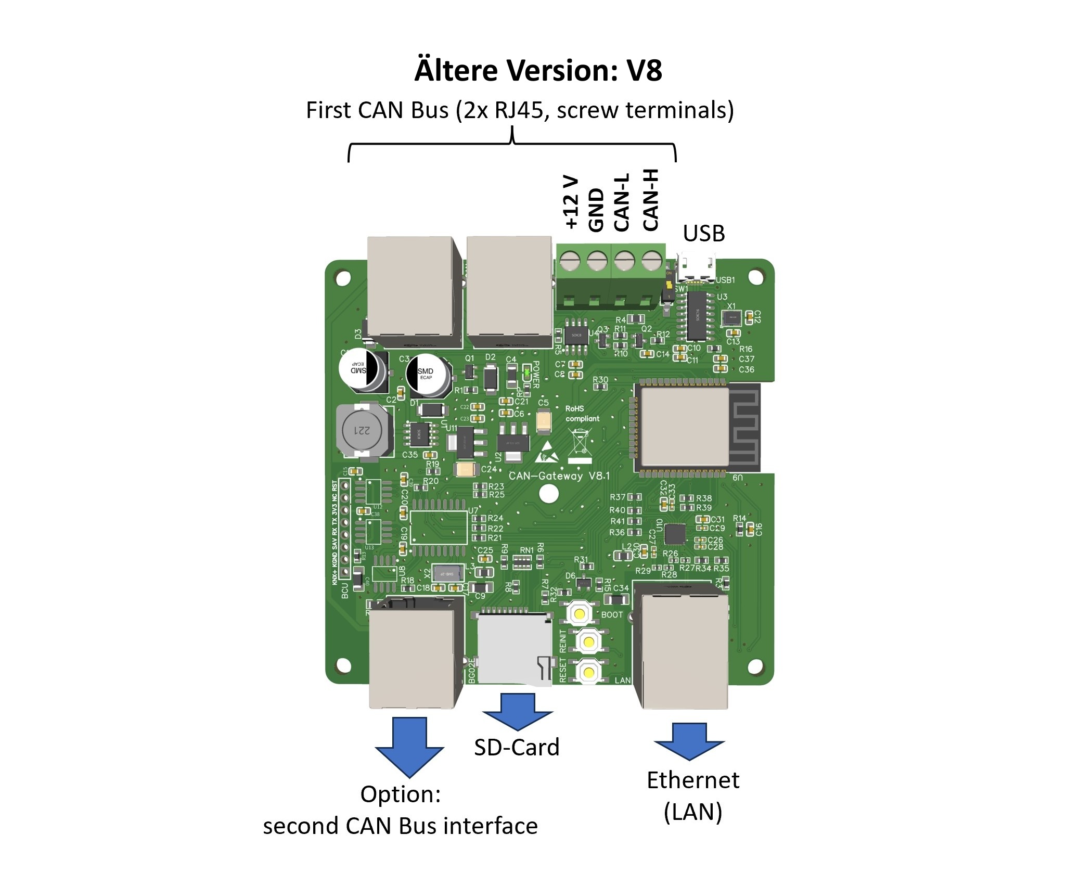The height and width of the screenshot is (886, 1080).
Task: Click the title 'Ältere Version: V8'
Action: pos(538,70)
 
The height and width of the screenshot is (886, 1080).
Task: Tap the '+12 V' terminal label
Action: pos(571,202)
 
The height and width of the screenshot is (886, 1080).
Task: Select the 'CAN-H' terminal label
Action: pos(650,200)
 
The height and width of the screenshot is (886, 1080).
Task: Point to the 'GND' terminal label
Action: pos(596,209)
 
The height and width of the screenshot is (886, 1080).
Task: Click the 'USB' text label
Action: pos(703,234)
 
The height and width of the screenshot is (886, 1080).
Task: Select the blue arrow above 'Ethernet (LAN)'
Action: pos(689,741)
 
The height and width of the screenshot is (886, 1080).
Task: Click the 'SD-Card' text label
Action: pos(517,748)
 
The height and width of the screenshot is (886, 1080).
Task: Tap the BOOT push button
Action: pos(579,614)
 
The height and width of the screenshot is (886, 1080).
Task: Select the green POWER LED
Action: pos(526,372)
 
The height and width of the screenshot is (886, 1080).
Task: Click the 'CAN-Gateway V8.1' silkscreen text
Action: pos(559,476)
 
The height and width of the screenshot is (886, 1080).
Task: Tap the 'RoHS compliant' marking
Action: pos(582,414)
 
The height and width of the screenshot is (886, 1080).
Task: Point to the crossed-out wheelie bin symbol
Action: pos(580,443)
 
